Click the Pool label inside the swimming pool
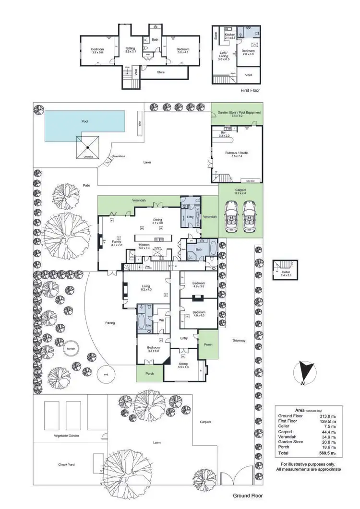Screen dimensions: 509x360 click(x=84, y=121)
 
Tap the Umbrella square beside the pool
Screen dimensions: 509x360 click(x=87, y=146)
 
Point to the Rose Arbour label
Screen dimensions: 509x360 click(x=119, y=156)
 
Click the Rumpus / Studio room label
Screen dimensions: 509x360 click(x=237, y=153)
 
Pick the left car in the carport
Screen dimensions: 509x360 click(x=231, y=215)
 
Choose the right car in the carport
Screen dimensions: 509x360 click(x=251, y=215)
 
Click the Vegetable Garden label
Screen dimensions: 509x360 click(x=66, y=436)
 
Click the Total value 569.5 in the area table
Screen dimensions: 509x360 click(x=328, y=453)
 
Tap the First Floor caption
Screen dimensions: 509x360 click(x=251, y=90)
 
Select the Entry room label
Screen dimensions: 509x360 click(x=184, y=338)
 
